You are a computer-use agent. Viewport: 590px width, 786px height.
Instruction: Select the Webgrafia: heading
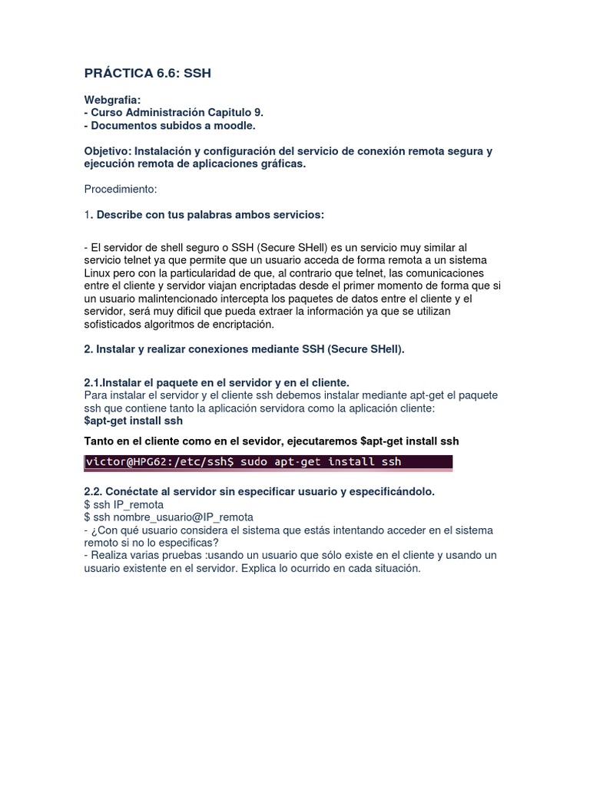click(112, 100)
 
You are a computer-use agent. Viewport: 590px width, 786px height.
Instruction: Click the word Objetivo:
click(108, 151)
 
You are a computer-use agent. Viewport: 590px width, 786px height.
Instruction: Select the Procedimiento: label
click(120, 189)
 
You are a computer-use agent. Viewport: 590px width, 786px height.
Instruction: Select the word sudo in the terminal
click(254, 462)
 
